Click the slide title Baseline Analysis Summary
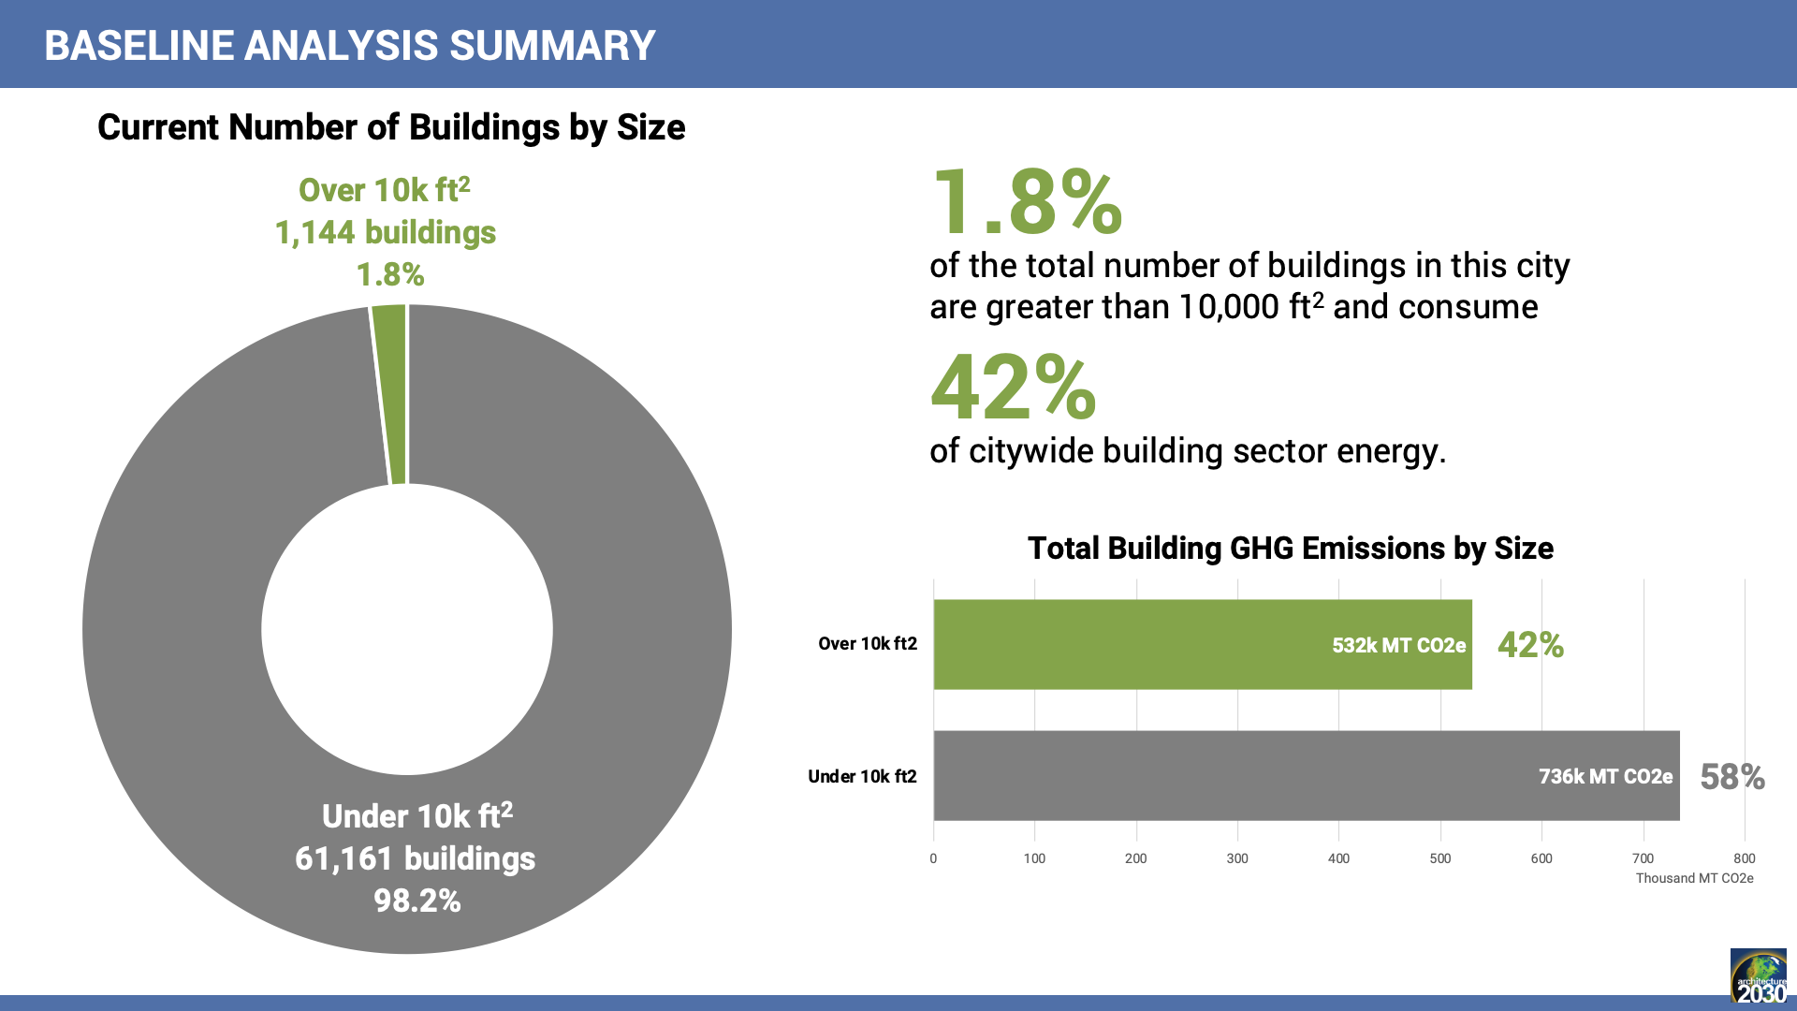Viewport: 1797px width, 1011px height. (349, 45)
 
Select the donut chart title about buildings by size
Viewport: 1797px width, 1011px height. (391, 127)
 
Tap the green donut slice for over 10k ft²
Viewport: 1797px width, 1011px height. (391, 393)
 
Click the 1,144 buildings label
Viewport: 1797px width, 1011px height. (385, 232)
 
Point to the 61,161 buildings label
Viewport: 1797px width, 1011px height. (415, 858)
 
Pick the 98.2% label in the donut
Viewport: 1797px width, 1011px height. (416, 901)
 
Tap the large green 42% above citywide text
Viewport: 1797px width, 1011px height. (1013, 388)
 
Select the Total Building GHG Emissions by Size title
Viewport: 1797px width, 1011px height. (1290, 548)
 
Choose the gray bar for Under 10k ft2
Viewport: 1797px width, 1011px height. (1217, 776)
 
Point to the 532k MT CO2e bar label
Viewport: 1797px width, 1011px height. (1398, 645)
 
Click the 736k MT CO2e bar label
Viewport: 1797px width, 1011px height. (1605, 776)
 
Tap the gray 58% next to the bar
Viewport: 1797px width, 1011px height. (1731, 777)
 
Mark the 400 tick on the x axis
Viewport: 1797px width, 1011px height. (1338, 858)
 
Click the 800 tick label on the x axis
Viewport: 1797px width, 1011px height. (1744, 858)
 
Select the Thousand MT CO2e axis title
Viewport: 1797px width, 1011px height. (1694, 878)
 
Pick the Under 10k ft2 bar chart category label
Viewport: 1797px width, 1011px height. (862, 776)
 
